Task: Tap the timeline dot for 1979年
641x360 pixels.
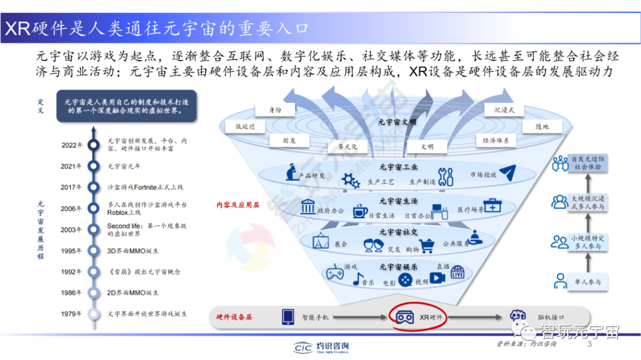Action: tap(93, 314)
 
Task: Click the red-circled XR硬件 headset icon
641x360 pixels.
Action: tap(405, 317)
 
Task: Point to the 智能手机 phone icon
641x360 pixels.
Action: tap(288, 317)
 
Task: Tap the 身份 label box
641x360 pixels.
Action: tap(275, 110)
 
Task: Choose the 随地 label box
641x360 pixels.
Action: tap(541, 126)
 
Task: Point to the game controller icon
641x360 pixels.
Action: tap(333, 272)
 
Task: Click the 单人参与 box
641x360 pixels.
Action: tap(587, 282)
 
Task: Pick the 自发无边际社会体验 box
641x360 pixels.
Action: tap(587, 163)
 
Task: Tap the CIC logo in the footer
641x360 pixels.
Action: tap(303, 347)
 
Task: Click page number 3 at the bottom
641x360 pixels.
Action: tap(589, 345)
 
